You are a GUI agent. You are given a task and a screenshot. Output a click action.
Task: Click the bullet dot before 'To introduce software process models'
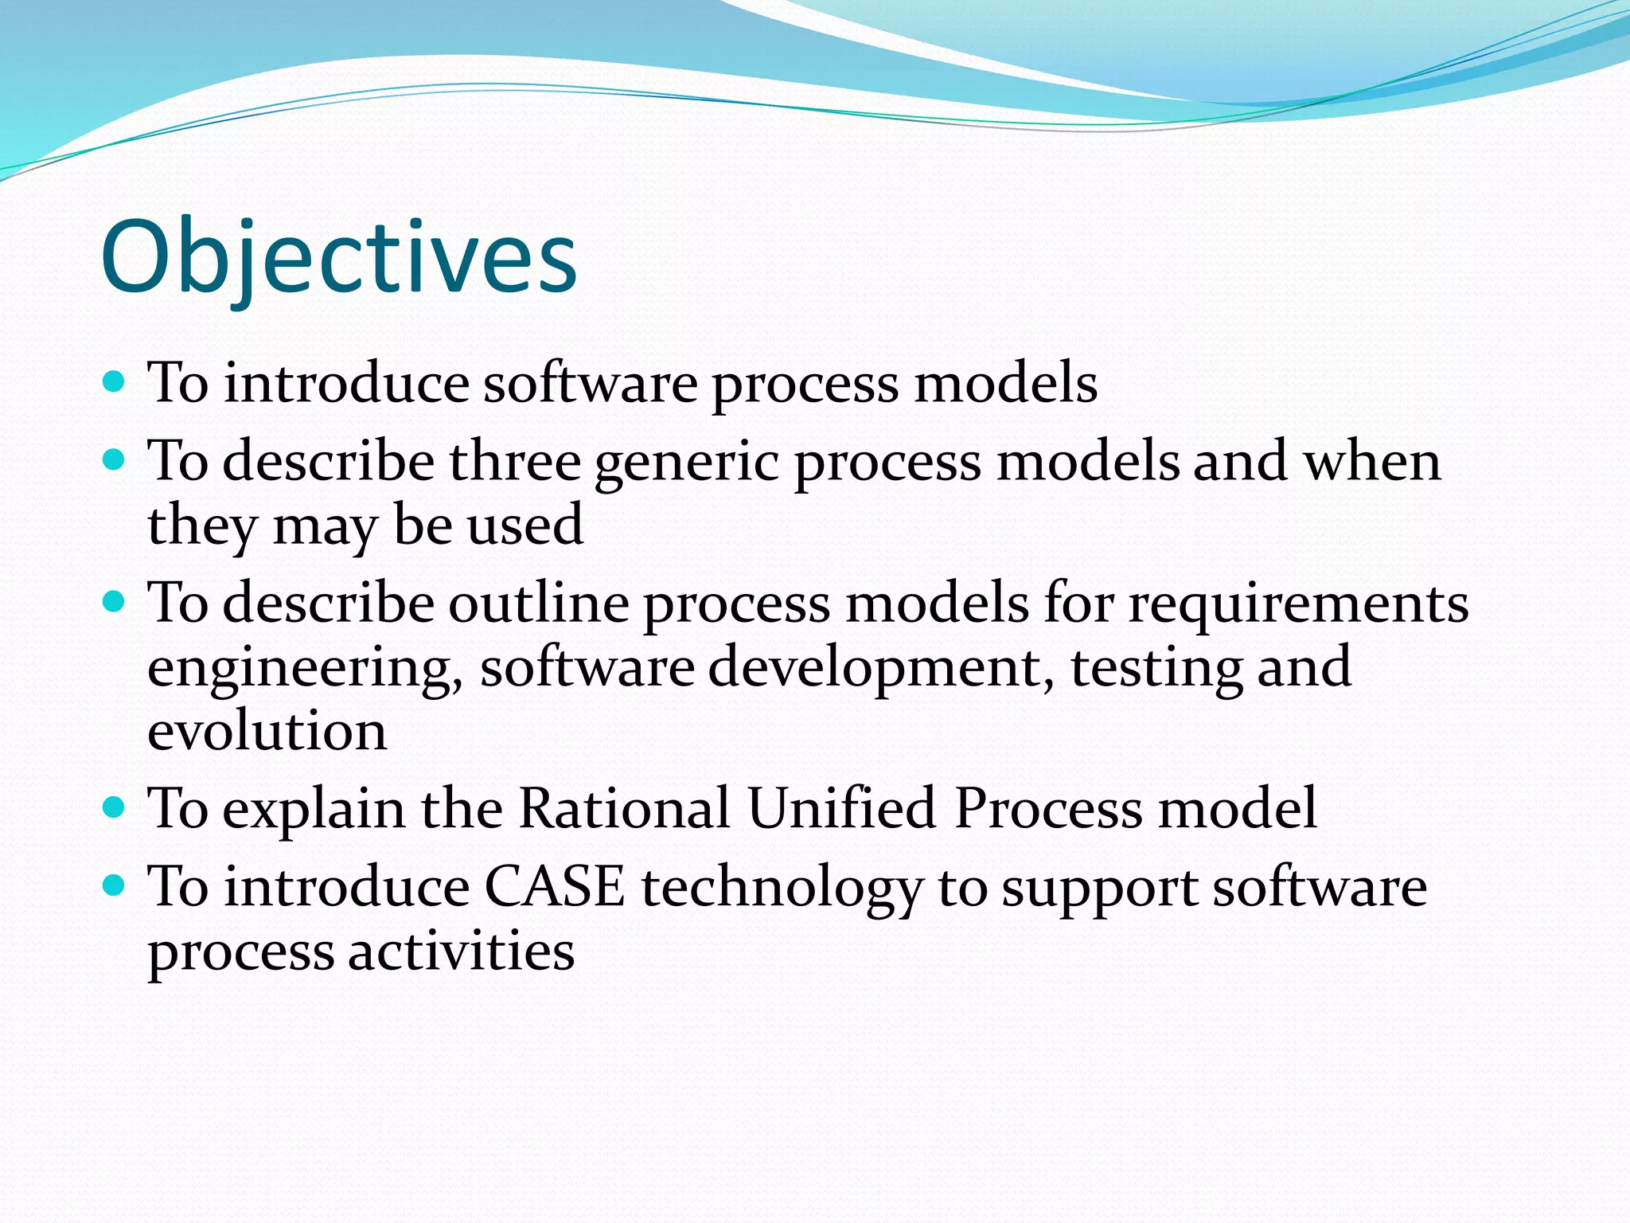click(x=115, y=381)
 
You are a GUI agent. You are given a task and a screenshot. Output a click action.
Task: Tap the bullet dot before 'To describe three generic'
click(x=115, y=459)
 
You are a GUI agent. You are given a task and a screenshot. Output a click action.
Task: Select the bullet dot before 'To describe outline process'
click(x=115, y=601)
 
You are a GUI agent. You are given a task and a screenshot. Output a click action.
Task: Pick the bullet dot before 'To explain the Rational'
click(x=115, y=807)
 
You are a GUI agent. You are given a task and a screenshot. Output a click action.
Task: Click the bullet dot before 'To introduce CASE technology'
click(x=115, y=885)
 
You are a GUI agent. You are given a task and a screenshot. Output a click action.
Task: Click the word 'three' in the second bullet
click(x=514, y=461)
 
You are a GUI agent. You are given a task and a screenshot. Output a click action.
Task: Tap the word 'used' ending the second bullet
click(x=524, y=526)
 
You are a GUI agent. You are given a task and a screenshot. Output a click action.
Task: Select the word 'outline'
click(x=539, y=603)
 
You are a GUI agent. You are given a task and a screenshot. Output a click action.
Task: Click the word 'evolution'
click(x=267, y=730)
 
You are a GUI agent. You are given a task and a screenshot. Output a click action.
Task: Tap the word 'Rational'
click(x=624, y=808)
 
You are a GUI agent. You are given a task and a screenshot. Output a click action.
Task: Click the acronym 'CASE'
click(x=555, y=887)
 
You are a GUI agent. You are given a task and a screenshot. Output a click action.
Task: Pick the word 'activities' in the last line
click(x=461, y=951)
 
